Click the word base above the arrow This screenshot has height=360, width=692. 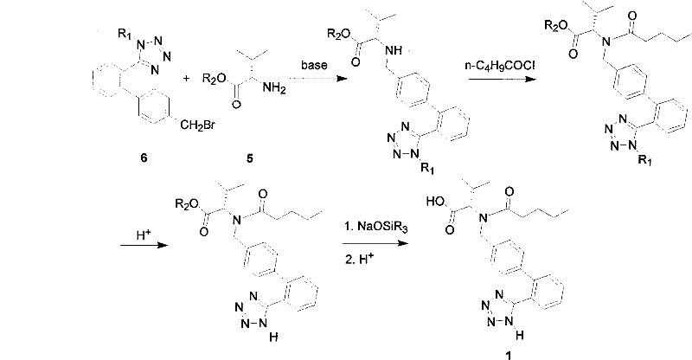[x=312, y=65]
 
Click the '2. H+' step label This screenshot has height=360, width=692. [x=356, y=257]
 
